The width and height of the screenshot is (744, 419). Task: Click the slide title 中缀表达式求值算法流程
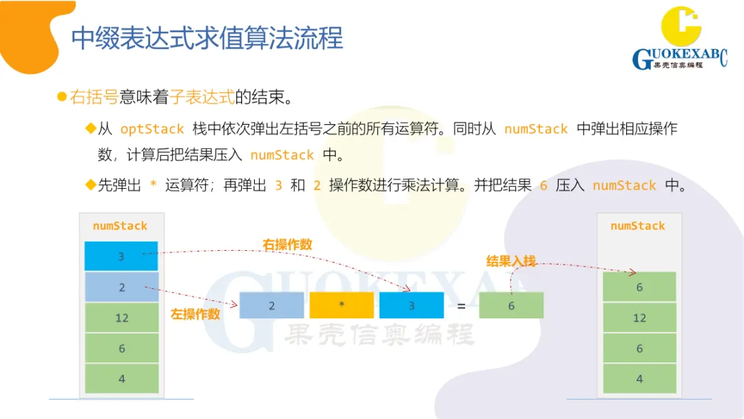pyautogui.click(x=207, y=38)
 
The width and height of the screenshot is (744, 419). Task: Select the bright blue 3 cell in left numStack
pyautogui.click(x=121, y=256)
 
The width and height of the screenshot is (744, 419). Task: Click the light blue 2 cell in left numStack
pyautogui.click(x=121, y=287)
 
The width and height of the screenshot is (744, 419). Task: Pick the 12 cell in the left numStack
pyautogui.click(x=121, y=318)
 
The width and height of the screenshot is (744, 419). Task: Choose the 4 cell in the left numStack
pyautogui.click(x=121, y=378)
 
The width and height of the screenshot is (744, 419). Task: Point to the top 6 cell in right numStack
pyautogui.click(x=639, y=287)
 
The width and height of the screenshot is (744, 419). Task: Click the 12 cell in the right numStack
pyautogui.click(x=639, y=318)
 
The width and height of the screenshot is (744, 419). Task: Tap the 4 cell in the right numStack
pyautogui.click(x=639, y=378)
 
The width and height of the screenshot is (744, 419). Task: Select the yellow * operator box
pyautogui.click(x=342, y=305)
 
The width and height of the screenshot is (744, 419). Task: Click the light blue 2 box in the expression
pyautogui.click(x=271, y=305)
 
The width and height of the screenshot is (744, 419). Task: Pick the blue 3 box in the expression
pyautogui.click(x=411, y=305)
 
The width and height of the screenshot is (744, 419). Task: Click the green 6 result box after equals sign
pyautogui.click(x=511, y=305)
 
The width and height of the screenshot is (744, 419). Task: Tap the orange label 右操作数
pyautogui.click(x=287, y=245)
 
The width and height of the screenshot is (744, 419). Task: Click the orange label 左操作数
pyautogui.click(x=196, y=314)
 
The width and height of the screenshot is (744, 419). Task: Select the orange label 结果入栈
pyautogui.click(x=511, y=261)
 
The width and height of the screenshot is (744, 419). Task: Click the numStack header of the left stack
pyautogui.click(x=120, y=226)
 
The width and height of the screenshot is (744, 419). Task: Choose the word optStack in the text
pyautogui.click(x=152, y=130)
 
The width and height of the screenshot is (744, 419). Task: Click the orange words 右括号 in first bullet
pyautogui.click(x=94, y=97)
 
